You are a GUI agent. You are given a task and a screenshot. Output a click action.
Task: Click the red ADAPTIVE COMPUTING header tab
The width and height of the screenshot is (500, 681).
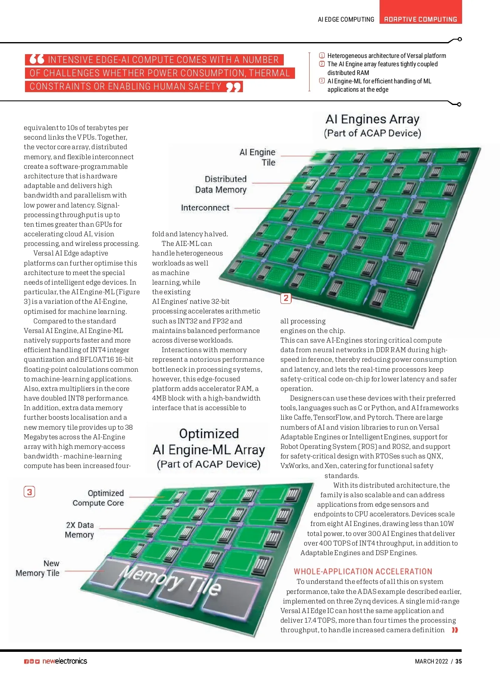pos(420,19)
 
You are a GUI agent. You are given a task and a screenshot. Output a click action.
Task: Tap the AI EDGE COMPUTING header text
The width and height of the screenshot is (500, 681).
pos(346,19)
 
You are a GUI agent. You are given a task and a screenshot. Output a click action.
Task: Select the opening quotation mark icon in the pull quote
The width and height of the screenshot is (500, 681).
pos(37,59)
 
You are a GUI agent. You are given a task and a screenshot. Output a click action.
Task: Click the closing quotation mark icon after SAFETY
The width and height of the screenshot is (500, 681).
pos(234,87)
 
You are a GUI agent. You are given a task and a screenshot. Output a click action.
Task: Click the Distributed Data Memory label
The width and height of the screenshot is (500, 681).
pos(221,184)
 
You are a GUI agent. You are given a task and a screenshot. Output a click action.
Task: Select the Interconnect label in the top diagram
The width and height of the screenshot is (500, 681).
pos(205,208)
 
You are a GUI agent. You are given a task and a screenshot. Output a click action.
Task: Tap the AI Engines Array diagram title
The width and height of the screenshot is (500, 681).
pos(372,125)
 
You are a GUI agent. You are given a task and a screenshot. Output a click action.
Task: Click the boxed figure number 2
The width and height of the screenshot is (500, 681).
pos(286,298)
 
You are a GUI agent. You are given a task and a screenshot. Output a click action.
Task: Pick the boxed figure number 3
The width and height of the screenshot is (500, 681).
pos(29,492)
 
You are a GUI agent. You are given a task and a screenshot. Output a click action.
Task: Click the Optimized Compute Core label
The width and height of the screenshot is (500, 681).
pos(98,498)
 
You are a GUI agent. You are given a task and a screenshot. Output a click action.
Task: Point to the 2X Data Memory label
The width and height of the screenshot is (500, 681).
pos(80,530)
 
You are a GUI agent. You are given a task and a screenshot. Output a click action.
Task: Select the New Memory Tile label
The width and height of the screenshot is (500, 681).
pos(38,568)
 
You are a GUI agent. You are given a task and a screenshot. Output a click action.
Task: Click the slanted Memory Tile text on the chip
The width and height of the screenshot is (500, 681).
pos(170,579)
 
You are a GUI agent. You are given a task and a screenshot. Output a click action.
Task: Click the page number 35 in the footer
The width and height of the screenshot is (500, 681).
pos(458,661)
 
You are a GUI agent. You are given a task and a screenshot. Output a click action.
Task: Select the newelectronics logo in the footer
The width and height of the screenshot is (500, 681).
pos(65,661)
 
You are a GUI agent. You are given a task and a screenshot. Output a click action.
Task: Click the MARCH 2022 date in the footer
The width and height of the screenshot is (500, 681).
pos(431,661)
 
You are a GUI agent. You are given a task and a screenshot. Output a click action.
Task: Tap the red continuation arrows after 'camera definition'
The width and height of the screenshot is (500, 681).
pos(455,630)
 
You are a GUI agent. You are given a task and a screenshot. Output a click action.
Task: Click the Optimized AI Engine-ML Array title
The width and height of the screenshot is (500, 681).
pos(209,448)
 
